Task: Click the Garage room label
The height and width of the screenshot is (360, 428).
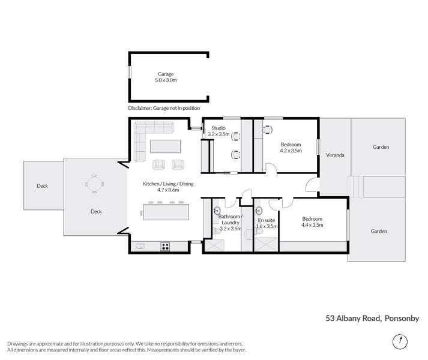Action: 166,74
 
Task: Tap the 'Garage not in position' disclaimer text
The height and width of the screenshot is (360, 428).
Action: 164,108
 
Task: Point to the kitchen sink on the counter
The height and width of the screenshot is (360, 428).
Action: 140,245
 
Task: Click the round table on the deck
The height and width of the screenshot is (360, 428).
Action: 94,184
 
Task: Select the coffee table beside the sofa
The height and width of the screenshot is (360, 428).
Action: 165,146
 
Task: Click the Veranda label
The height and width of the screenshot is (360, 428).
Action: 335,155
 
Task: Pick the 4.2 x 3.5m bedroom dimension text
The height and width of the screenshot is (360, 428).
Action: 291,151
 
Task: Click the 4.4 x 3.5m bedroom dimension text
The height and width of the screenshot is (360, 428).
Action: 312,226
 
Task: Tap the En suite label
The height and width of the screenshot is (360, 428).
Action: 267,220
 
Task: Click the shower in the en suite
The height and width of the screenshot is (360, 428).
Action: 267,244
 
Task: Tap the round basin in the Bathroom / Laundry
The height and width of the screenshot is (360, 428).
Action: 216,210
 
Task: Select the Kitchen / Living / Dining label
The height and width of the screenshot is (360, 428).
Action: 168,184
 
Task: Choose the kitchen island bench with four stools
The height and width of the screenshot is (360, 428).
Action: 165,212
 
